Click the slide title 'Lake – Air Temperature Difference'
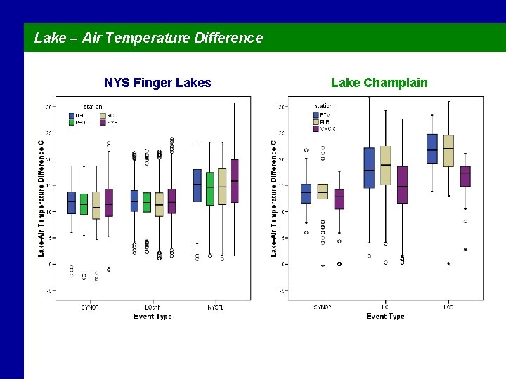click(x=148, y=38)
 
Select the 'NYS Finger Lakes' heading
click(x=157, y=83)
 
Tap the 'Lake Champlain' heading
click(x=379, y=83)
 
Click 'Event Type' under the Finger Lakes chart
click(x=153, y=317)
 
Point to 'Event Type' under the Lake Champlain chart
click(x=385, y=317)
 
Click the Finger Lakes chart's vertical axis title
click(x=41, y=198)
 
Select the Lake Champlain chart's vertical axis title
click(x=273, y=198)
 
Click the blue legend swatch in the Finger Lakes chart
click(x=72, y=115)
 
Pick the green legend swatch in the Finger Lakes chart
click(x=72, y=122)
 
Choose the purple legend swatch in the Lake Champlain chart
click(x=314, y=129)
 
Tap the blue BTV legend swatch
click(x=314, y=115)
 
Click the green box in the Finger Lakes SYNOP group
click(x=84, y=204)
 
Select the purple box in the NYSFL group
click(x=235, y=180)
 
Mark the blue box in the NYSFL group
click(x=197, y=186)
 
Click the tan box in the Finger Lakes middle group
click(x=160, y=204)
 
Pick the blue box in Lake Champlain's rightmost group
click(x=432, y=149)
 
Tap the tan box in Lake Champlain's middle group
click(x=385, y=166)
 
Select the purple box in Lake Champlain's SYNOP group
click(x=339, y=199)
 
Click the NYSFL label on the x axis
click(x=216, y=307)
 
